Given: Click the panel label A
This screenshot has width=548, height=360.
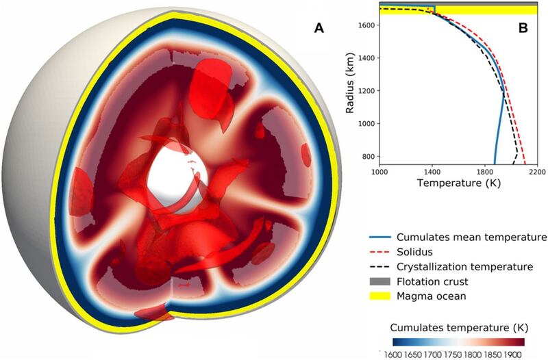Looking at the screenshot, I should coord(318,29).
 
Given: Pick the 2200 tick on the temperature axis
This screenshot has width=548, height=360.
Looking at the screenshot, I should coord(536,172).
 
